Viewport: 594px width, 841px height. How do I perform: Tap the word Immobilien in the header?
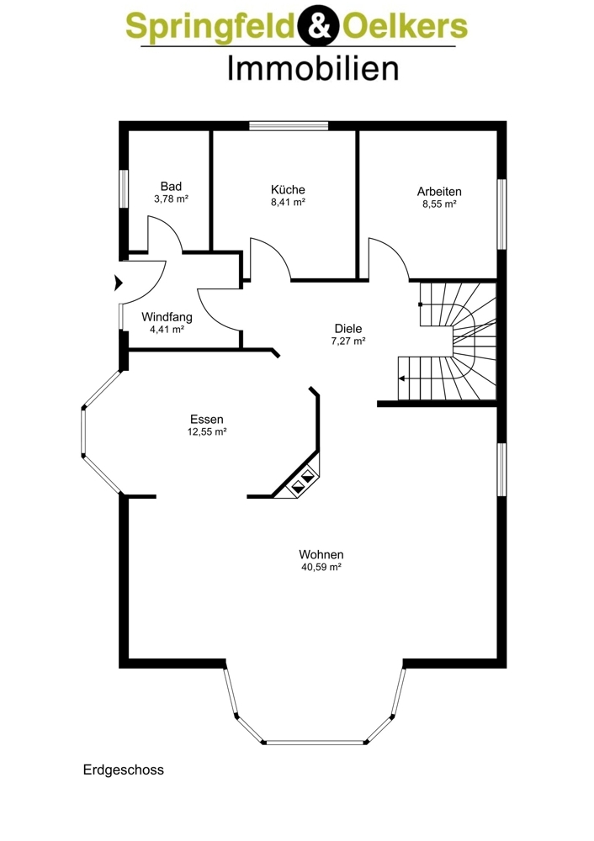click(313, 69)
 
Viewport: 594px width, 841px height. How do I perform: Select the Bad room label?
click(171, 186)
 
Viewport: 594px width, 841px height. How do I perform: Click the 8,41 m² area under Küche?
click(288, 202)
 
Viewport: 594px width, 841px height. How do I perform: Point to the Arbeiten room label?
click(439, 192)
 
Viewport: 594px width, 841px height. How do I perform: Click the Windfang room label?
click(167, 317)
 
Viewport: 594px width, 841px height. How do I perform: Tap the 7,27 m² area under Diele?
click(348, 341)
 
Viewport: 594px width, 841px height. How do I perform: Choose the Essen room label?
click(207, 420)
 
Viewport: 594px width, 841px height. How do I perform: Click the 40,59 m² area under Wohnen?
click(321, 567)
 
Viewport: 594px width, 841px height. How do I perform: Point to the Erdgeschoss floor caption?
click(124, 770)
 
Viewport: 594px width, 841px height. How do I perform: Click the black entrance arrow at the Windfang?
click(119, 282)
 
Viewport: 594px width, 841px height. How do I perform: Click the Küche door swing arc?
click(275, 252)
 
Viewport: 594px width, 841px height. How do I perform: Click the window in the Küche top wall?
click(289, 126)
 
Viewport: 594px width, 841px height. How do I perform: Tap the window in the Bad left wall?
click(124, 188)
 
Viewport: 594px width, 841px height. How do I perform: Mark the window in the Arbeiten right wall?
click(501, 214)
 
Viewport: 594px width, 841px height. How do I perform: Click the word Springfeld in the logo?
click(211, 27)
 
